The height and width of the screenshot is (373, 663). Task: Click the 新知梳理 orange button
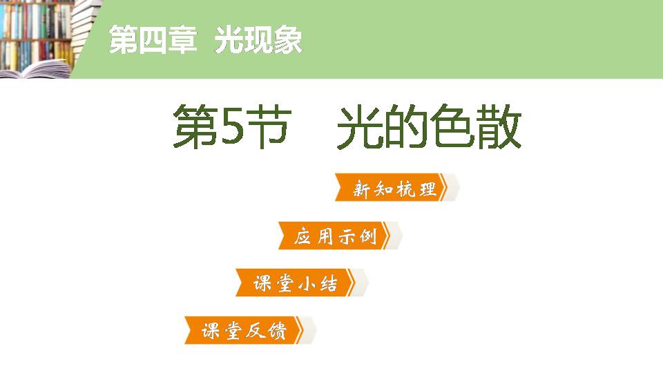pyautogui.click(x=395, y=189)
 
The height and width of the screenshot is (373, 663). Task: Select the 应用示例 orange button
pyautogui.click(x=336, y=236)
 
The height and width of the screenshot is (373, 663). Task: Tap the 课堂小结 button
pyautogui.click(x=296, y=283)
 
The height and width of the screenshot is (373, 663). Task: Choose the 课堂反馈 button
pyautogui.click(x=244, y=330)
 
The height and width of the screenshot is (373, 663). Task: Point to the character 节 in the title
pyautogui.click(x=267, y=128)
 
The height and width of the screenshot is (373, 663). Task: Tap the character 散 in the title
pyautogui.click(x=499, y=128)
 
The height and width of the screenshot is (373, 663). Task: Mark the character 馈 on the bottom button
pyautogui.click(x=276, y=331)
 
